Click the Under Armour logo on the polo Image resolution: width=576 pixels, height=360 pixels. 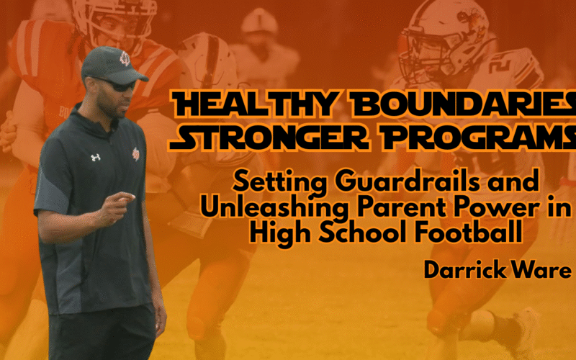click(x=95, y=156)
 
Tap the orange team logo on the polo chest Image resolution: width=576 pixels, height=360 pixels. click(x=135, y=153)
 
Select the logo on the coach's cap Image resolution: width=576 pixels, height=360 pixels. click(x=124, y=58)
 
